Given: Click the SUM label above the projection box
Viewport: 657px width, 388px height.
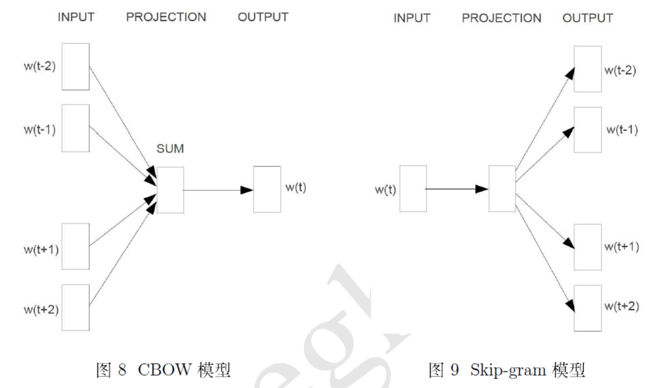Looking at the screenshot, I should coord(170,149).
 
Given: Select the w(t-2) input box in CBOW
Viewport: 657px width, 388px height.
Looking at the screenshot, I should coord(75,67).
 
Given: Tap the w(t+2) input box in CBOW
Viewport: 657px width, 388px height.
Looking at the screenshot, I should coord(75,308).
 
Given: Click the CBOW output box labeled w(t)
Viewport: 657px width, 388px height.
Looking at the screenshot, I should coord(267,189).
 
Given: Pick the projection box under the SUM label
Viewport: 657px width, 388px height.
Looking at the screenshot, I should coord(170,190).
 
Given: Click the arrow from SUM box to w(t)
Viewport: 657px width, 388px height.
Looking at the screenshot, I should coord(217,190).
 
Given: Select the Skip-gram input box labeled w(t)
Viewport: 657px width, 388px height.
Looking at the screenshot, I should coord(413,189).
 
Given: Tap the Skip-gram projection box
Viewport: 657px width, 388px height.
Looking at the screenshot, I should coord(502,189).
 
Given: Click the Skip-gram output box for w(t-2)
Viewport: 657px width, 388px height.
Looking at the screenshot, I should coord(588,69).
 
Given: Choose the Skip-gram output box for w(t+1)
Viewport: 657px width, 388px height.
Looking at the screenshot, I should coord(588,247).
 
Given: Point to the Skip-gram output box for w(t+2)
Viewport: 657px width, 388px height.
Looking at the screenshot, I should coord(588,308).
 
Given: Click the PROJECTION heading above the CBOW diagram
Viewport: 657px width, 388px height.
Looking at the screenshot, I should coord(166,17).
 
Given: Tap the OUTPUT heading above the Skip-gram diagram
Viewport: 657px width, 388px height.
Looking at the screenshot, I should coord(588,18).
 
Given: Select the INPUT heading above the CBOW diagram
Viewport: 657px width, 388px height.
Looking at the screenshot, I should coord(76,17).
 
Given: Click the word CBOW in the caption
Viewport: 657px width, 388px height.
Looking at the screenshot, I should coord(164,370).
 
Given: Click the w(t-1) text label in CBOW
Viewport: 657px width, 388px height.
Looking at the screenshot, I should coord(40,129).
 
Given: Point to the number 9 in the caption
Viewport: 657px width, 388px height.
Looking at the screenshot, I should coord(454,370).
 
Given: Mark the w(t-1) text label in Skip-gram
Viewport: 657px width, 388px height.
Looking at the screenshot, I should coord(622,129).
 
